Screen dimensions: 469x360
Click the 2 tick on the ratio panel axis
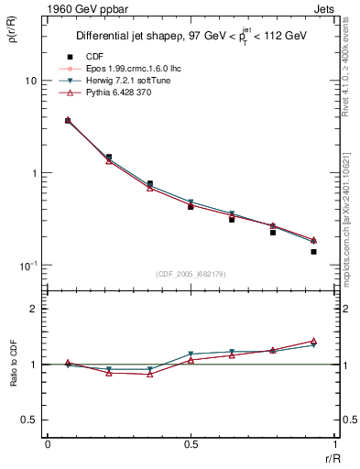(33, 309)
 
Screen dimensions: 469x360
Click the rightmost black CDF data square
(313, 251)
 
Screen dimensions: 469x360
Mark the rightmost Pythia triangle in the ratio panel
(313, 341)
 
